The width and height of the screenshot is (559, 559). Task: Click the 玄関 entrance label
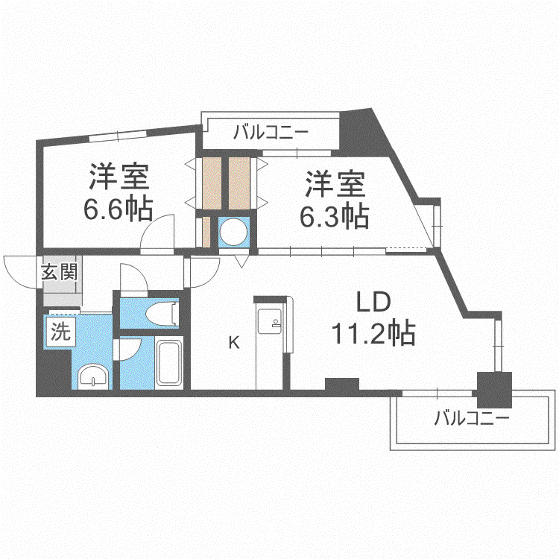pos(59,272)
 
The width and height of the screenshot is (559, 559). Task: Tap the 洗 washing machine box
pos(60,332)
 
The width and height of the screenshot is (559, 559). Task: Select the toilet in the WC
pos(162,313)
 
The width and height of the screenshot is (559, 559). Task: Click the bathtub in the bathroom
pos(169,363)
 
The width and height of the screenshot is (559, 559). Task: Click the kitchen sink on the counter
pos(270,321)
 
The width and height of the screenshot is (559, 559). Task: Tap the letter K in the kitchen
pos(234,343)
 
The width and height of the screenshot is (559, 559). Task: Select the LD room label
pos(373,302)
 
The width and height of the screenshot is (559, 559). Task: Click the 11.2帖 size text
pos(373,333)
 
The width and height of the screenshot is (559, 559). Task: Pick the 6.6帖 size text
pos(118,208)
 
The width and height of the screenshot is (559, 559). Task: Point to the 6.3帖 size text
pos(334,216)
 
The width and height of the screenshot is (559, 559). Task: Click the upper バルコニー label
pos(271,132)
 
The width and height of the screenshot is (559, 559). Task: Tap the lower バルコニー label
pos(471,417)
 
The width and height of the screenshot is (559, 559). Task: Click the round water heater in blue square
pos(233,232)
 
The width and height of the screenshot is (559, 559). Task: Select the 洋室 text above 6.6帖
pos(119,176)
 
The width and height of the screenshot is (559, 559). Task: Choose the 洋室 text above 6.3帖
pos(335,184)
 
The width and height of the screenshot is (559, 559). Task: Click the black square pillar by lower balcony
pos(494,390)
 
